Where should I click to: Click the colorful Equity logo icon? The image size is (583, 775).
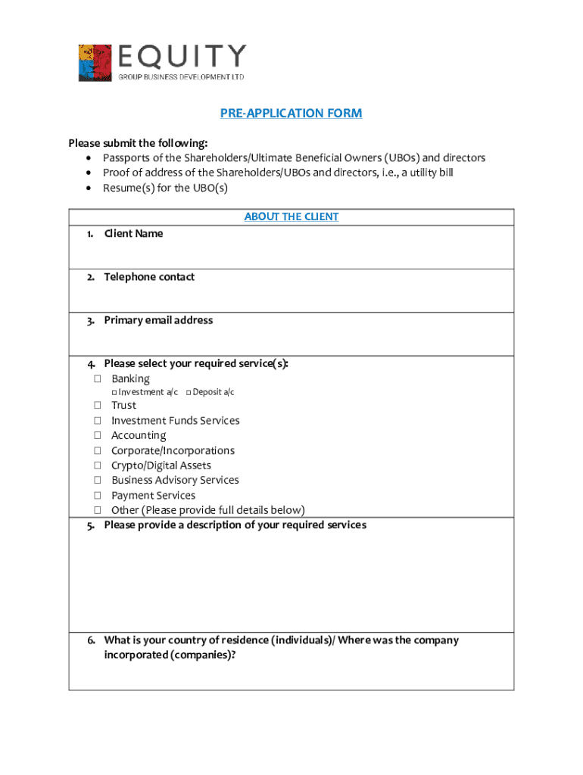click(95, 63)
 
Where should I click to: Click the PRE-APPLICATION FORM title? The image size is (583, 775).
click(291, 114)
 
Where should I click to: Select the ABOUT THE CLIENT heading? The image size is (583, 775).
click(291, 216)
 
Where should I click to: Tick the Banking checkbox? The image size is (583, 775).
click(98, 378)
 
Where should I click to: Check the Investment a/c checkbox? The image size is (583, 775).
click(114, 392)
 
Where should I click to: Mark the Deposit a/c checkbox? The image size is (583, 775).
click(188, 392)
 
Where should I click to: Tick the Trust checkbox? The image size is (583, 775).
click(98, 405)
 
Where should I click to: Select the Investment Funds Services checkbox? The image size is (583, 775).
click(98, 420)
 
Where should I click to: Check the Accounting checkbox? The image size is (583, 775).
click(98, 435)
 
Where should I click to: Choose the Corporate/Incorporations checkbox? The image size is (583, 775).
click(98, 450)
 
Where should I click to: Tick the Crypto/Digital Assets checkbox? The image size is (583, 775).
click(98, 465)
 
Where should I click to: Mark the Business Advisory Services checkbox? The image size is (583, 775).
click(98, 480)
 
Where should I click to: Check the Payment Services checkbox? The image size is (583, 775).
click(98, 495)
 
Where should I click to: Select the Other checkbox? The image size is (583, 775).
click(98, 510)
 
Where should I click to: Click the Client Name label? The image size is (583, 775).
click(133, 234)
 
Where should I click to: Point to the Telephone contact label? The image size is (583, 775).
click(149, 277)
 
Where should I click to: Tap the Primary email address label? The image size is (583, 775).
click(158, 320)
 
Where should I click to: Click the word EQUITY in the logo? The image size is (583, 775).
click(182, 57)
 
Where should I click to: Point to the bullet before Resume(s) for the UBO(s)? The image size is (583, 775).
click(89, 188)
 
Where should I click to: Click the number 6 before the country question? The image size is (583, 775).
click(90, 640)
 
